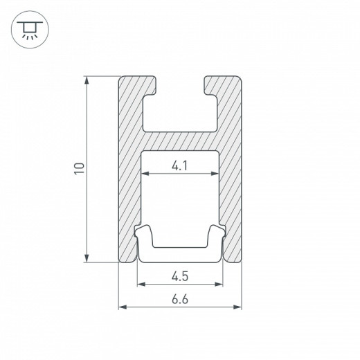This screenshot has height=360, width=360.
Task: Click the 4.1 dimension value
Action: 179,165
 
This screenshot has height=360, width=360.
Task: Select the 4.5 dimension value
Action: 180,276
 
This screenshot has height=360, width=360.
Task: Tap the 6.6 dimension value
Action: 180,299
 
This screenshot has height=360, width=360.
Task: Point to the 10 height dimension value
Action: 80,168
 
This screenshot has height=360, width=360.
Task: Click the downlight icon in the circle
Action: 30,30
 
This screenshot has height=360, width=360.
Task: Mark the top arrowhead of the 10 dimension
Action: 87,80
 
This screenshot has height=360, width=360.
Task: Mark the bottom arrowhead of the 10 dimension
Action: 87,258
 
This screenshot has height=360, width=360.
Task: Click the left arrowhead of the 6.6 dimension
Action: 123,307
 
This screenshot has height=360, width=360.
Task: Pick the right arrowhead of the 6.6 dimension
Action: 237,307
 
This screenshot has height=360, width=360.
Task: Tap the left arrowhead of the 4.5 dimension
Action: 141,284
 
